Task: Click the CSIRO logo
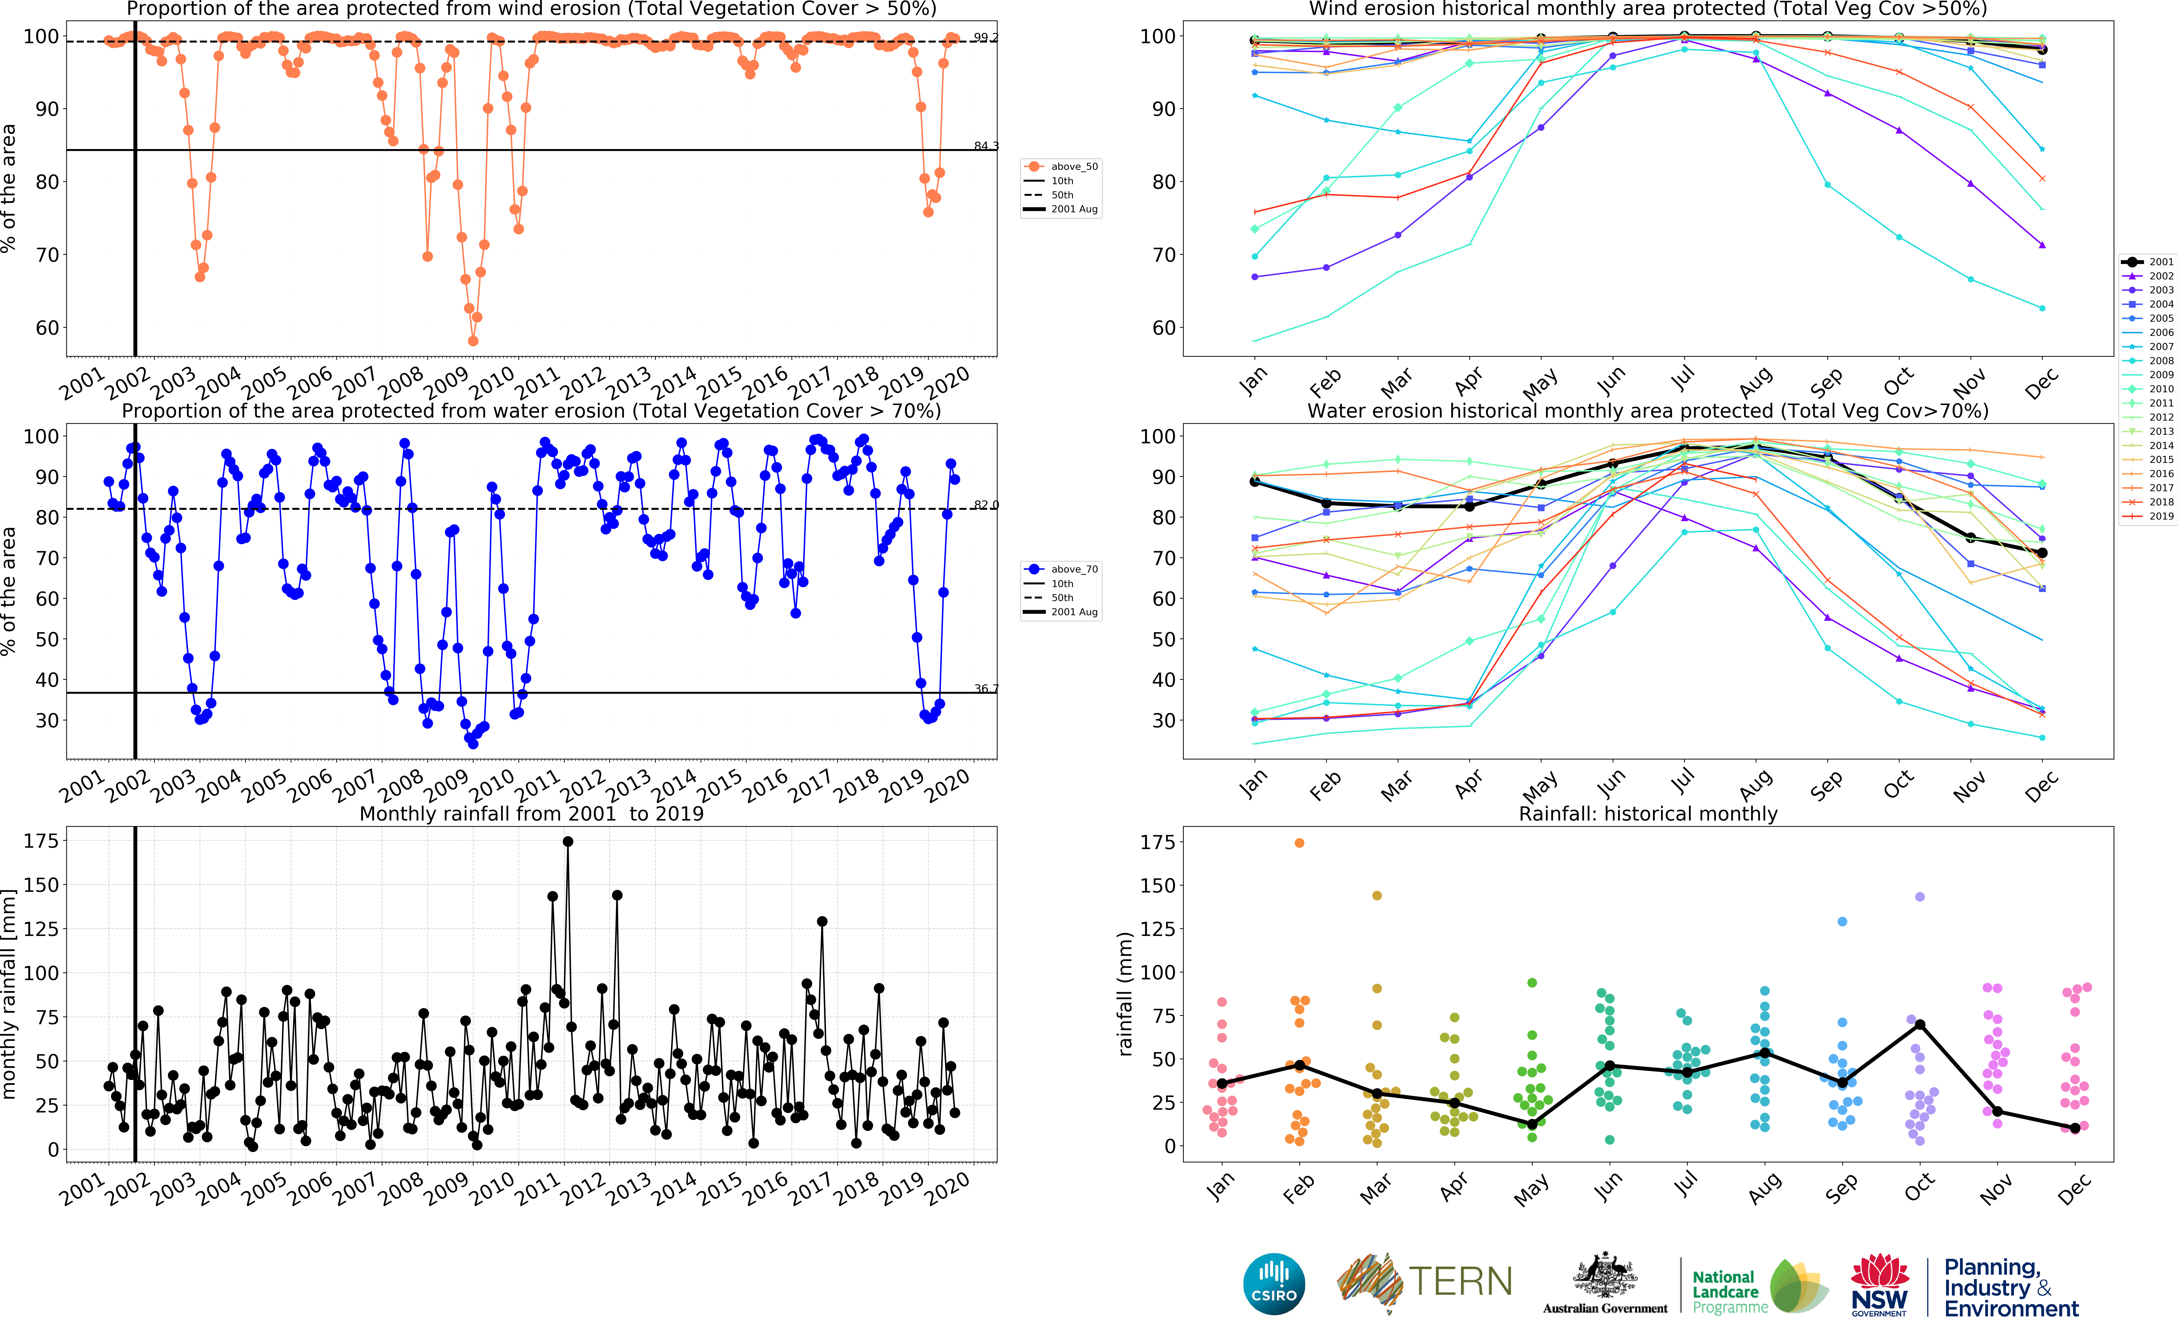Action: [1274, 1283]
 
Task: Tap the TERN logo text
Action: [1460, 1282]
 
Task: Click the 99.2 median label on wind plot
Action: [985, 37]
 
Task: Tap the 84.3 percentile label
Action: [985, 145]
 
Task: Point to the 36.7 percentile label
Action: [985, 688]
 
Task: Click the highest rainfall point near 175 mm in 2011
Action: [568, 842]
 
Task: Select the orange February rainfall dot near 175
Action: [1300, 843]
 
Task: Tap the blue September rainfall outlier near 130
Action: [1843, 922]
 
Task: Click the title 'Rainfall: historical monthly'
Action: [1648, 813]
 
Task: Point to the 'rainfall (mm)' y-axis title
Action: [1125, 993]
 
